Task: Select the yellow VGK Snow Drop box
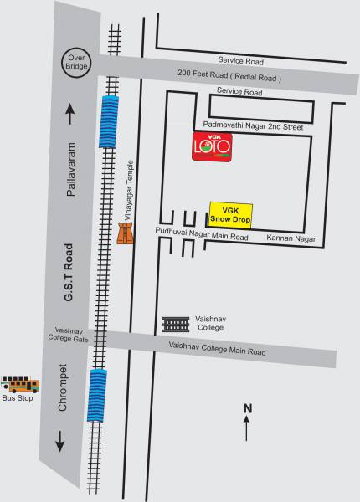[230, 213]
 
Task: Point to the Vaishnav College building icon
[177, 324]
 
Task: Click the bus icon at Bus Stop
[20, 385]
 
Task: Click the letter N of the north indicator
[247, 408]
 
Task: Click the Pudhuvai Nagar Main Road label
[203, 238]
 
